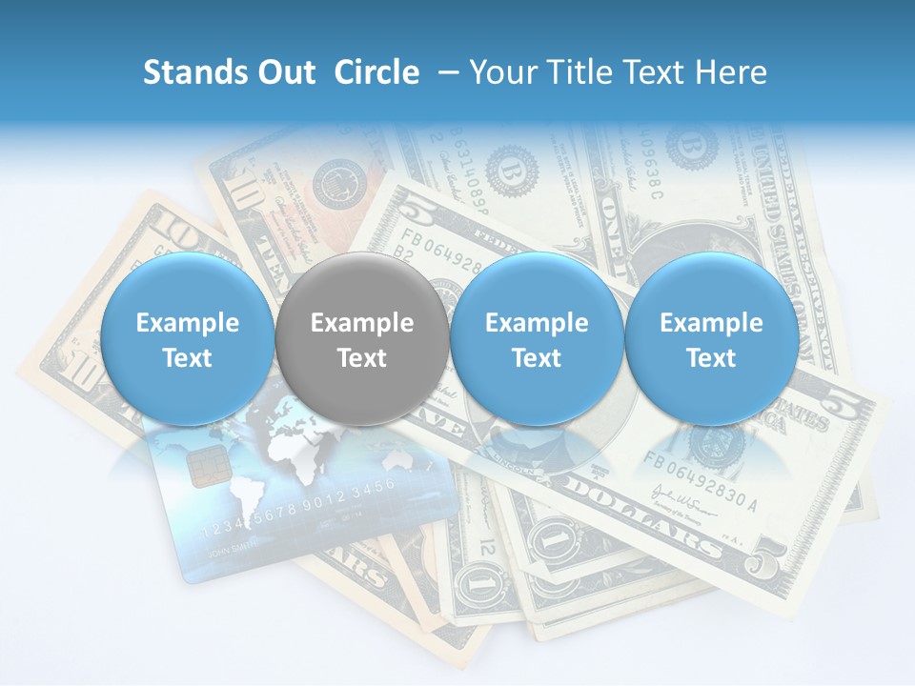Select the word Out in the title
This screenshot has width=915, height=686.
pyautogui.click(x=283, y=72)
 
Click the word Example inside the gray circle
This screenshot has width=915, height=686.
pyautogui.click(x=361, y=323)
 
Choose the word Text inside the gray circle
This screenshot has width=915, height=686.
pyautogui.click(x=361, y=358)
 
